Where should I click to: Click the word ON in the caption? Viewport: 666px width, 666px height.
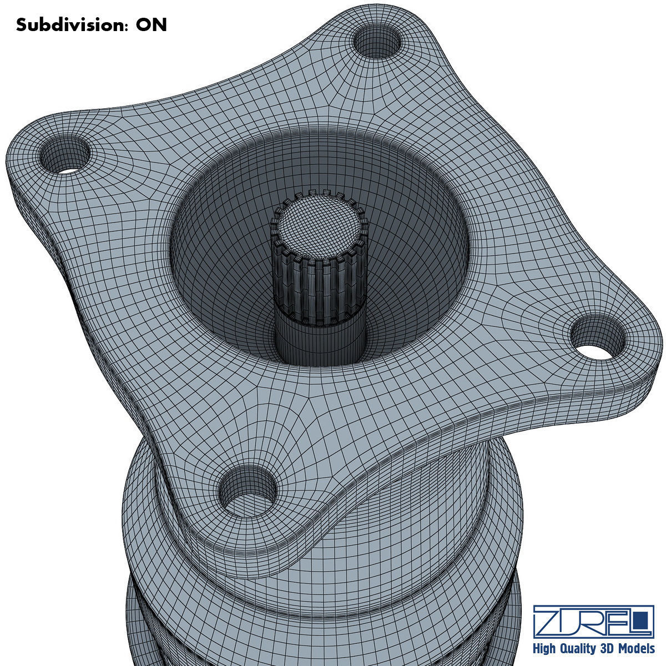pyautogui.click(x=151, y=25)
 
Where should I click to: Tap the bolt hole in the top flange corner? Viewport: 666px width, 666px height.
pyautogui.click(x=377, y=43)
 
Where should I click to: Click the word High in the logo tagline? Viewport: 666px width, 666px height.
pyautogui.click(x=546, y=649)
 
